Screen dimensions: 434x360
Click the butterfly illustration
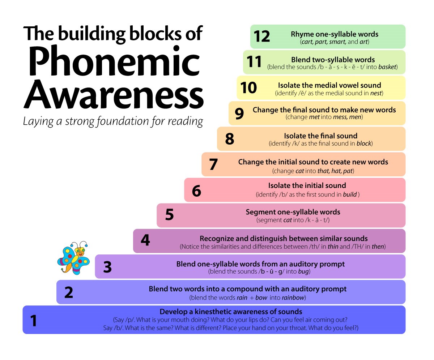(x=73, y=258)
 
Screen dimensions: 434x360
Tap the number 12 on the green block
(x=262, y=37)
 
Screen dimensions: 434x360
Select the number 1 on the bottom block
(x=34, y=321)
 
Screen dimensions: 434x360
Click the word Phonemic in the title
(x=114, y=61)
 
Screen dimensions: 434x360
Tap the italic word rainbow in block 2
(x=293, y=297)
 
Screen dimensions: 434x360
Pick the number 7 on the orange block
(x=213, y=164)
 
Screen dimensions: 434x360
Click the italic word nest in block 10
(x=376, y=93)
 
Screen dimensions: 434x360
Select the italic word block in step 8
(x=364, y=143)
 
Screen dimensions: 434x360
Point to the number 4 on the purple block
(x=145, y=240)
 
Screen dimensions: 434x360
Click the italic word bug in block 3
(x=303, y=271)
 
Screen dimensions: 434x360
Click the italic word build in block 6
(x=350, y=194)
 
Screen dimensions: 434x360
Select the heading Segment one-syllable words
(x=293, y=212)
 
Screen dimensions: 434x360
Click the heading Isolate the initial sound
(x=307, y=185)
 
